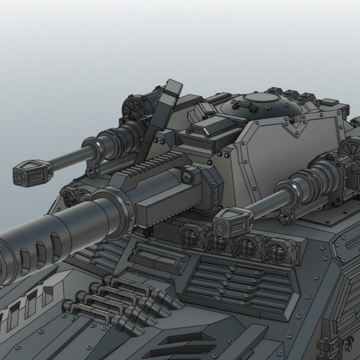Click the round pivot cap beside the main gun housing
click(x=189, y=175)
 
